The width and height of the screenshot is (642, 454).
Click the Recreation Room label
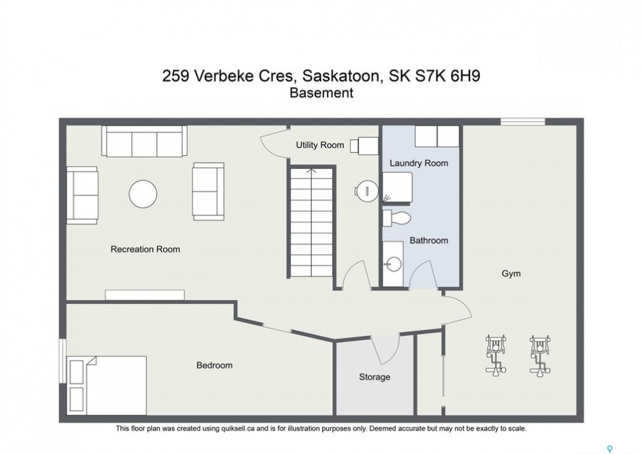click(x=145, y=249)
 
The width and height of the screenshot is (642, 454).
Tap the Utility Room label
click(x=320, y=145)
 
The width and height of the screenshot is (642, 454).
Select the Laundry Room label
click(x=418, y=163)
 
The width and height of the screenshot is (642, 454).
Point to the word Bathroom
click(x=428, y=240)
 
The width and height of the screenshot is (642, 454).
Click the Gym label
click(x=511, y=274)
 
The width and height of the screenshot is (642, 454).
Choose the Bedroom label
click(x=214, y=365)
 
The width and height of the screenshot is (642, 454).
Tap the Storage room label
click(x=374, y=377)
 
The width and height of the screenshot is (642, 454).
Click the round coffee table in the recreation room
click(x=143, y=194)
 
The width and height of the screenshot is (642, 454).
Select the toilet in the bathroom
click(x=396, y=218)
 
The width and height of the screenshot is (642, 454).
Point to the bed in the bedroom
click(x=106, y=385)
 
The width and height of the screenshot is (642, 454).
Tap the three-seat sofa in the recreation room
click(x=144, y=141)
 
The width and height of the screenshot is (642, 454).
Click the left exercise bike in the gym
click(x=495, y=355)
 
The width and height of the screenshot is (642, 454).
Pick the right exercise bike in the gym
click(x=540, y=355)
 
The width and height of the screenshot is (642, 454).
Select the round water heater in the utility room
click(x=367, y=191)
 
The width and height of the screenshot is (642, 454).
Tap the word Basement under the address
click(x=321, y=93)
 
